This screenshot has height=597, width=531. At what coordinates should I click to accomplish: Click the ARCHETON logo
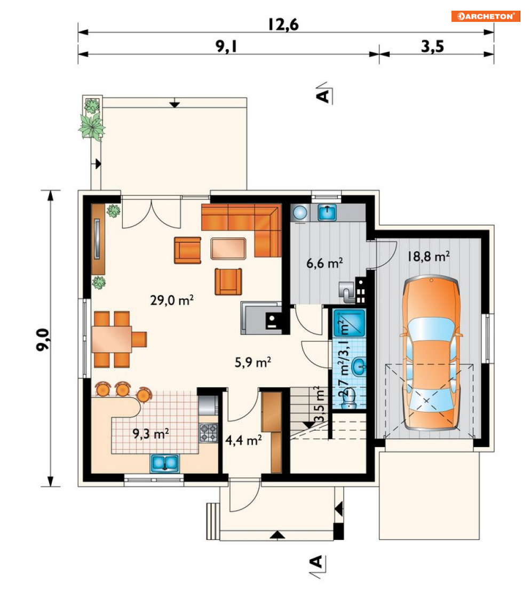486,16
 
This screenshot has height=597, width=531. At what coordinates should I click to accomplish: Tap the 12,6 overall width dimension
283,25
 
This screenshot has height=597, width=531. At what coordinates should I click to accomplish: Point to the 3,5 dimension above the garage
432,46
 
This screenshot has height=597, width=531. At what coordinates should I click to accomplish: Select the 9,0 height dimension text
43,339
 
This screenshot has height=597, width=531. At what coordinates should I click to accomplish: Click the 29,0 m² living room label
172,300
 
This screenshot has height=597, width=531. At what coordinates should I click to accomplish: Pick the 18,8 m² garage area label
429,256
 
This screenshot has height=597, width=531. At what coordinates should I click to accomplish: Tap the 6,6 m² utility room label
324,262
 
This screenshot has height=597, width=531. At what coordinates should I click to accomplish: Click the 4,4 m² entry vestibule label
243,441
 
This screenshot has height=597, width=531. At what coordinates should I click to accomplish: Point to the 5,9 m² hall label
252,362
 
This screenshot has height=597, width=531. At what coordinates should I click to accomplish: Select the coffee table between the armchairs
228,249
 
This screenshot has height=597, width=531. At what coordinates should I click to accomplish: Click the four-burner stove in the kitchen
209,433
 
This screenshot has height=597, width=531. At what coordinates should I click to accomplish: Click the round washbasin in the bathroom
359,367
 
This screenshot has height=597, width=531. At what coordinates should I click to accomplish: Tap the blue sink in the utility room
327,212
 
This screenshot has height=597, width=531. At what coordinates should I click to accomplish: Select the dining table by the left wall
111,339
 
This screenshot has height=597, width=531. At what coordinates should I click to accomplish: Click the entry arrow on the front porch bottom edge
278,535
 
